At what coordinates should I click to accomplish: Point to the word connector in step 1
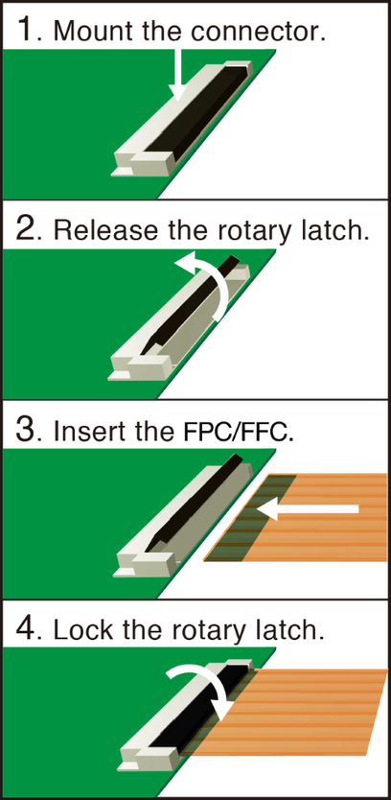pyautogui.click(x=257, y=32)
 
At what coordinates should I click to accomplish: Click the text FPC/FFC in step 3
pyautogui.click(x=238, y=431)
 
